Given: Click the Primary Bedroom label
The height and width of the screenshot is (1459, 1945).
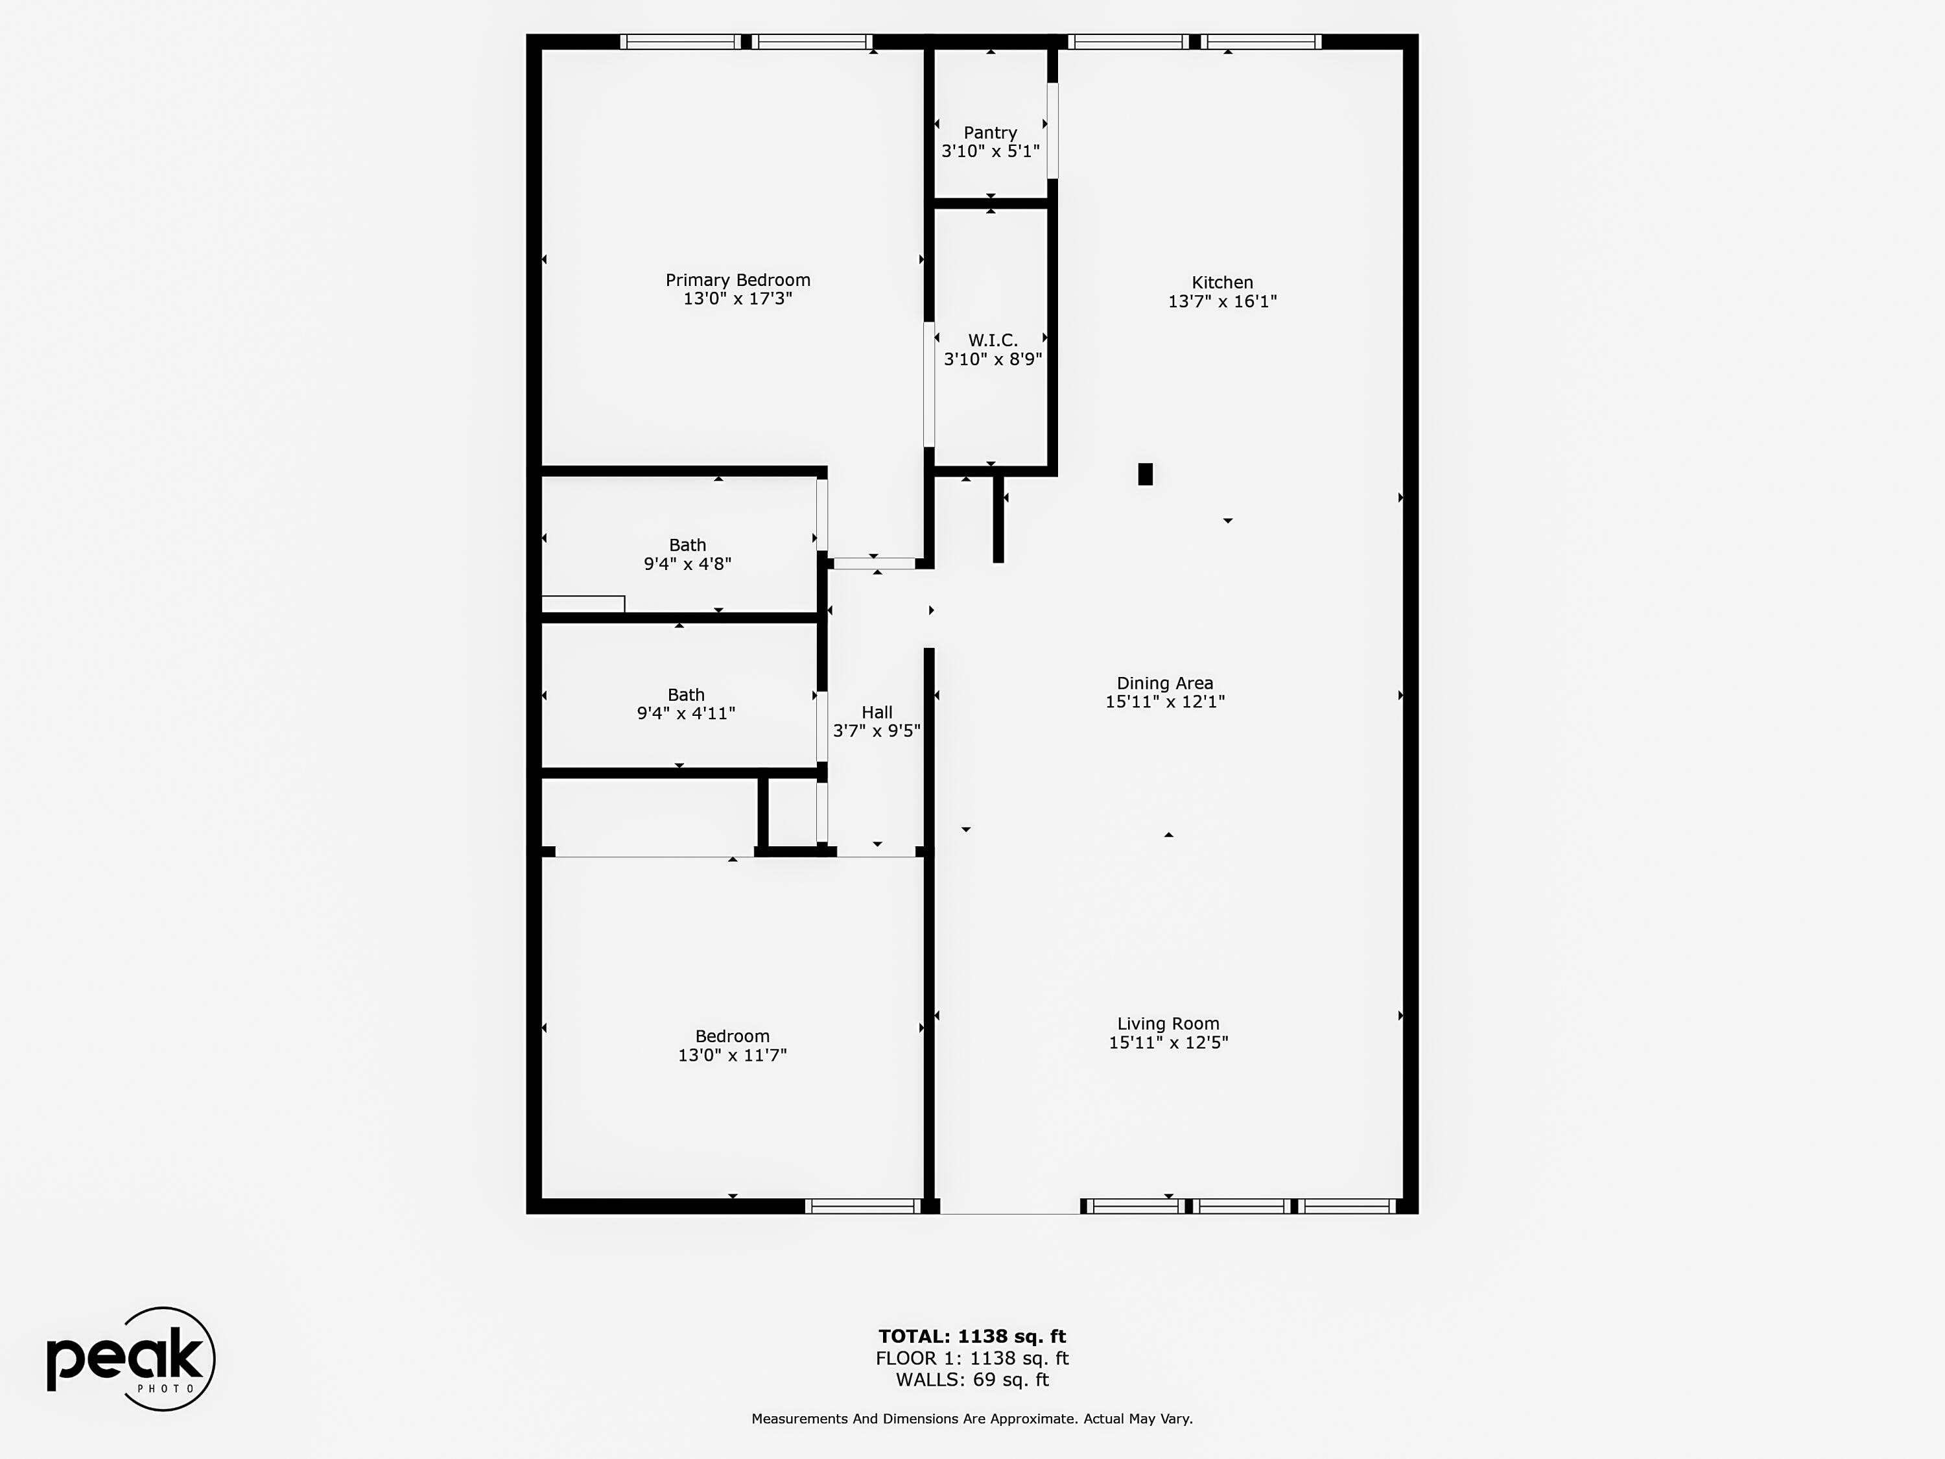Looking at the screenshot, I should pyautogui.click(x=737, y=279).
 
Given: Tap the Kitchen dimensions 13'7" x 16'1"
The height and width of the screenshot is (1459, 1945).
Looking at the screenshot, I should pyautogui.click(x=1221, y=301).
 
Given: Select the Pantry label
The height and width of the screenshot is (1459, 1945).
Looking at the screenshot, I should pyautogui.click(x=990, y=133).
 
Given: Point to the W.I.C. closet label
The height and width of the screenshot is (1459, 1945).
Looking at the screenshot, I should pyautogui.click(x=992, y=340).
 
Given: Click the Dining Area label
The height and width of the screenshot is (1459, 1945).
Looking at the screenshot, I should pyautogui.click(x=1164, y=683).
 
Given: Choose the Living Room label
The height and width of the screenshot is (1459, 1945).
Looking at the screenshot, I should pyautogui.click(x=1168, y=1024).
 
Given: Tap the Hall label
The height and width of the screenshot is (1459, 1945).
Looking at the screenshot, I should pyautogui.click(x=877, y=713).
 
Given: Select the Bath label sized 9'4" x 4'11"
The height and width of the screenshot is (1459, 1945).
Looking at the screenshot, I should pyautogui.click(x=686, y=694).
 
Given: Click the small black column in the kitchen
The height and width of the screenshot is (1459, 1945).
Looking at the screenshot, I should pyautogui.click(x=1145, y=474).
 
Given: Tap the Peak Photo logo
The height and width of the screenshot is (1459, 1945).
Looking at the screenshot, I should pyautogui.click(x=130, y=1358).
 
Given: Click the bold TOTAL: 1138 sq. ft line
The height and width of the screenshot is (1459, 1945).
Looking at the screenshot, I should pyautogui.click(x=972, y=1336).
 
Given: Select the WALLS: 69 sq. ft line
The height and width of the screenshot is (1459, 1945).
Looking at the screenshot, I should pyautogui.click(x=972, y=1380).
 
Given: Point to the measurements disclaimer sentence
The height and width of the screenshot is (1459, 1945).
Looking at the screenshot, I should pyautogui.click(x=972, y=1419).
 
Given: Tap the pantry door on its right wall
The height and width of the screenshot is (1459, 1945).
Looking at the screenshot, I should pyautogui.click(x=1052, y=130).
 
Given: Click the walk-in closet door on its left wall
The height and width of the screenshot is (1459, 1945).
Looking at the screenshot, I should pyautogui.click(x=928, y=385).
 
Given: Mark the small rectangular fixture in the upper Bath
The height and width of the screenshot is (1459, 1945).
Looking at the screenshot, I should pyautogui.click(x=583, y=604).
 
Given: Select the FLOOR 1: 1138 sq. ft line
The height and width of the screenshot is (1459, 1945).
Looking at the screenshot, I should pyautogui.click(x=972, y=1358).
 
